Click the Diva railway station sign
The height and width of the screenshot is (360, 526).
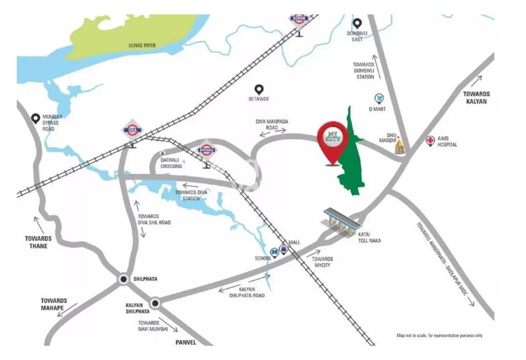pos(132,130)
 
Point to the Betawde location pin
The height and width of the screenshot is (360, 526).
pos(259,90)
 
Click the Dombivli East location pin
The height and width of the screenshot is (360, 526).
pos(357,23)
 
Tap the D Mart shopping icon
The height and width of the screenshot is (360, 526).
pos(379,99)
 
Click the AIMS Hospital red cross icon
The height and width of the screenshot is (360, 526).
pos(431,141)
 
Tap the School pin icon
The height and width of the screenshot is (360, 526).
pos(274,252)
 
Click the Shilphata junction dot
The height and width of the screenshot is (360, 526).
pos(124,279)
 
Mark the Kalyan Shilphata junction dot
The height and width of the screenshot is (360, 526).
pos(155,302)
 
